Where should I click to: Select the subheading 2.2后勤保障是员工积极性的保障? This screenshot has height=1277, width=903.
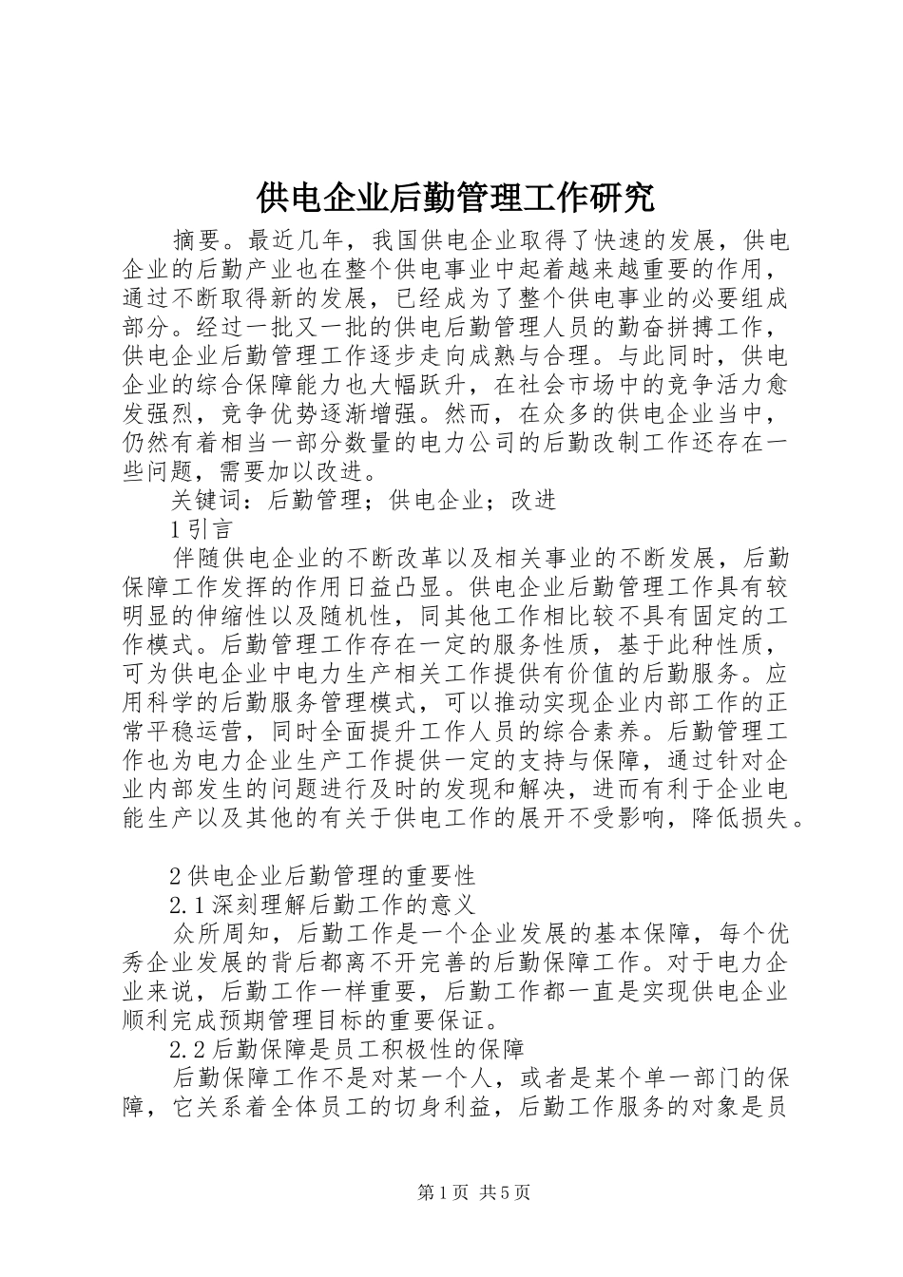point(346,1050)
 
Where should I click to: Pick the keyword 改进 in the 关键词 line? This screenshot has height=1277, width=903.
point(532,499)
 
